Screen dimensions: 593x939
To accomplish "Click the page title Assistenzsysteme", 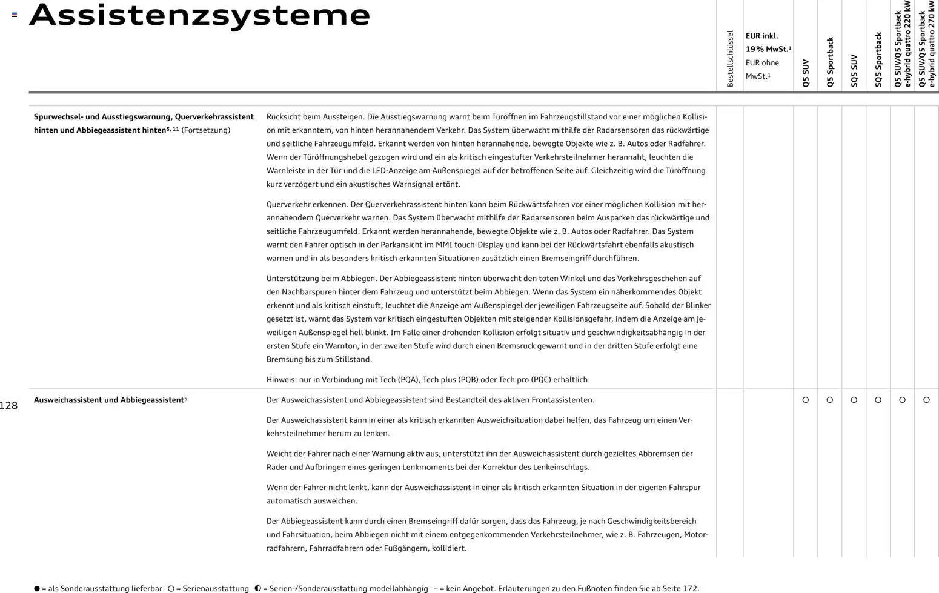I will point(199,16).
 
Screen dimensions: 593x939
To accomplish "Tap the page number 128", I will point(8,406).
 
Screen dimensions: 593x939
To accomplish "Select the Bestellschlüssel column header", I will point(730,59).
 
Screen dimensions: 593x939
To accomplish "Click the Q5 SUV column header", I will point(806,73).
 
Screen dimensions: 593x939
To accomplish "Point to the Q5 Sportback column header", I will point(830,62).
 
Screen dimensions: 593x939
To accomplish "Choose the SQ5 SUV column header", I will point(854,70).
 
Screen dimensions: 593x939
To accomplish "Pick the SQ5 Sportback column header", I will point(878,59).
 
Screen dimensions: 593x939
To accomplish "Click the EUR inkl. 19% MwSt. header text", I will point(768,42).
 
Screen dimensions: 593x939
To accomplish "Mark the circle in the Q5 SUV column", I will point(806,400).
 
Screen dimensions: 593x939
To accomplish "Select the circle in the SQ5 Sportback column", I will point(878,400).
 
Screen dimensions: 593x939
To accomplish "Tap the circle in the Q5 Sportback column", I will point(830,400).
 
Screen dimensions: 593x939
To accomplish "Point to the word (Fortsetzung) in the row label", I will point(206,130).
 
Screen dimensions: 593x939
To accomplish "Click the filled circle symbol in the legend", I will point(37,588).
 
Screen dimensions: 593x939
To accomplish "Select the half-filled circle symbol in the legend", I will point(258,588).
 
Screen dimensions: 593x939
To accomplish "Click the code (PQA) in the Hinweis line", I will point(408,380).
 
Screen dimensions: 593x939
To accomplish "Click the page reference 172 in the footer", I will point(690,588).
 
